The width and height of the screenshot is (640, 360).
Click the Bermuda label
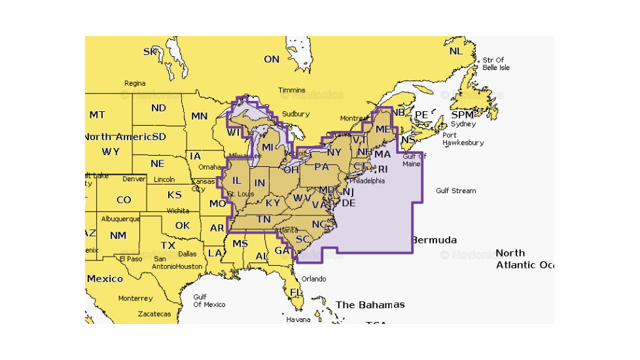pyautogui.click(x=434, y=240)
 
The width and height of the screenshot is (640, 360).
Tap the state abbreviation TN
pyautogui.click(x=263, y=219)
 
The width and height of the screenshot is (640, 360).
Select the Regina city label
pyautogui.click(x=135, y=83)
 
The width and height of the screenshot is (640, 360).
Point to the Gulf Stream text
pyautogui.click(x=455, y=190)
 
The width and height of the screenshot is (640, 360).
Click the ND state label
pyautogui.click(x=158, y=108)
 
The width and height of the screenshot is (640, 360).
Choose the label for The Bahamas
pyautogui.click(x=370, y=304)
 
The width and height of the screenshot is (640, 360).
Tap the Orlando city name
pyautogui.click(x=313, y=279)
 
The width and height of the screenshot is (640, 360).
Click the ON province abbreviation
pyautogui.click(x=272, y=60)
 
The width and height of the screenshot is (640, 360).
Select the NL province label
pyautogui.click(x=455, y=51)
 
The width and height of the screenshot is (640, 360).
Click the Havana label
pyautogui.click(x=298, y=319)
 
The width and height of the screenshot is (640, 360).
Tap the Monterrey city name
pyautogui.click(x=135, y=298)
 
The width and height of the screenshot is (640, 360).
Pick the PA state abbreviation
pyautogui.click(x=321, y=166)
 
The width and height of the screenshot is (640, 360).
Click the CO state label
pyautogui.click(x=123, y=200)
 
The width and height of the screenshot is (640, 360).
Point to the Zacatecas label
pyautogui.click(x=154, y=314)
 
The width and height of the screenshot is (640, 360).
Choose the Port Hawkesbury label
pyautogui.click(x=463, y=139)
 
